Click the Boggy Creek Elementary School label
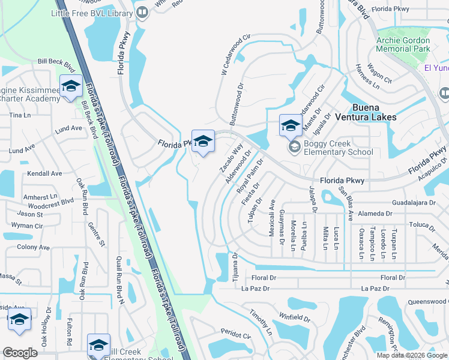(338, 148)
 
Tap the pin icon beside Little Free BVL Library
(142, 13)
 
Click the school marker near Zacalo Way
(203, 142)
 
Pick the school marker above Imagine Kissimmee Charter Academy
(71, 86)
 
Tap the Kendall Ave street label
(44, 173)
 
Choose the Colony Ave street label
(33, 247)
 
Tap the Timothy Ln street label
(262, 323)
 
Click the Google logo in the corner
(20, 353)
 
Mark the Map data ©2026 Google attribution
(411, 355)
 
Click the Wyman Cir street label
(31, 226)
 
